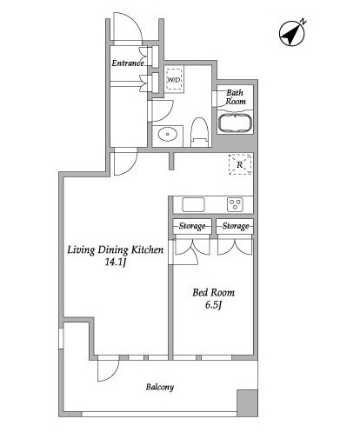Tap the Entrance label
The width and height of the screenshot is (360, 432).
127,63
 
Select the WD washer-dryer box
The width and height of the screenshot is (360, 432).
174,80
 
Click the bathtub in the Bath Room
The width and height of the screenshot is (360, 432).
234,123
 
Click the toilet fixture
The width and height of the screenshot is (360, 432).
197,131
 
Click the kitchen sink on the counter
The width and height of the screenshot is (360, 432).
193,204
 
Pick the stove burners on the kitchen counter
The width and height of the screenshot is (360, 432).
236,204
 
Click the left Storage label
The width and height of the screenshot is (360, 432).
191,227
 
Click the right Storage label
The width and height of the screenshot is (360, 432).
235,227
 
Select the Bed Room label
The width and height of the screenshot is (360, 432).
213,293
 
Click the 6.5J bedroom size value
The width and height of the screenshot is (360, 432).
214,307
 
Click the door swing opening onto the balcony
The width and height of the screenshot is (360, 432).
107,372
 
